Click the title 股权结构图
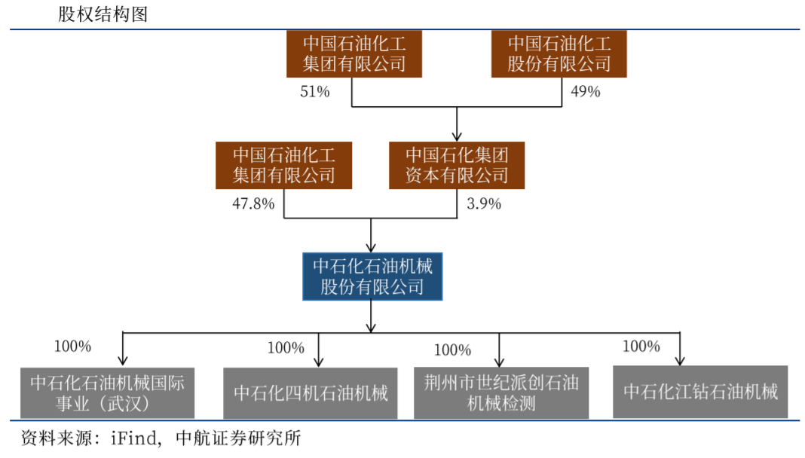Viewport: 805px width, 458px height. point(103,14)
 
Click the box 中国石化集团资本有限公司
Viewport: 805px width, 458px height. point(457,166)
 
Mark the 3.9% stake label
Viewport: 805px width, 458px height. point(485,203)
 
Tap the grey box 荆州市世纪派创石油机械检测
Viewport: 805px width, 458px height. point(501,392)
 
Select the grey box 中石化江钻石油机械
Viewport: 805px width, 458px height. point(700,392)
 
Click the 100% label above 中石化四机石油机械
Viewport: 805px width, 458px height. point(286,348)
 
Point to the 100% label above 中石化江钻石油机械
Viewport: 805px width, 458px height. point(641,347)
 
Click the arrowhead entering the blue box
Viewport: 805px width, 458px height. point(371,247)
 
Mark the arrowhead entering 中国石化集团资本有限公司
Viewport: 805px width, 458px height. point(457,136)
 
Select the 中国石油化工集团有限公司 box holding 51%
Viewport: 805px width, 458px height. point(354,53)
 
